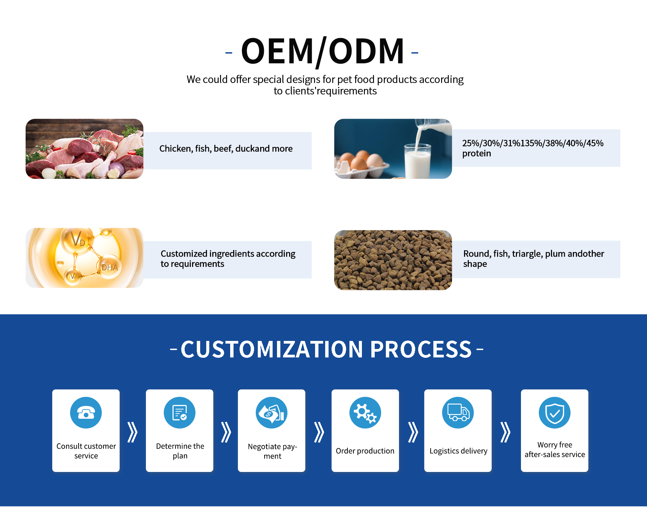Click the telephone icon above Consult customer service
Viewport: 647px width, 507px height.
[x=86, y=413]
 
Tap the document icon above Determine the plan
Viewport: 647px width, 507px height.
[x=180, y=413]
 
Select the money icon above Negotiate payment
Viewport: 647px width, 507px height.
[x=272, y=413]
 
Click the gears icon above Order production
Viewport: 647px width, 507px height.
[x=365, y=413]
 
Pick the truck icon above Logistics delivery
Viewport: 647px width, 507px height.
[x=458, y=413]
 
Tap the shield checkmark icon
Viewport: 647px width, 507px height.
[x=555, y=413]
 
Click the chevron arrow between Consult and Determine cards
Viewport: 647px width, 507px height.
[x=133, y=432]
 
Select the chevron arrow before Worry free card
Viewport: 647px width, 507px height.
[x=505, y=432]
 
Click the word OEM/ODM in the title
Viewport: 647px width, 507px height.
[x=322, y=51]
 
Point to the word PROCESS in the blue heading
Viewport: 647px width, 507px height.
[x=421, y=349]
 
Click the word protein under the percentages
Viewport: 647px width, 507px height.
[x=476, y=154]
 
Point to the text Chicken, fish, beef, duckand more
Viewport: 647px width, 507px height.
[x=226, y=149]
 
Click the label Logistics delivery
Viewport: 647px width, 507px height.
[x=458, y=451]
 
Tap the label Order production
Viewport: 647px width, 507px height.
[x=365, y=451]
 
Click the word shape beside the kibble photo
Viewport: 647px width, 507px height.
[x=475, y=264]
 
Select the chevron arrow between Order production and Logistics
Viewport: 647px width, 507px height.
[x=413, y=432]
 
